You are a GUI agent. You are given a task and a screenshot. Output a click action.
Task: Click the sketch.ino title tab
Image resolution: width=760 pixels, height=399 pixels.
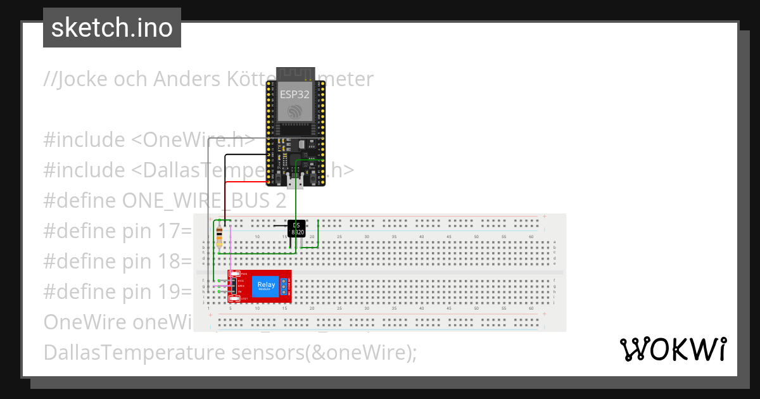[112, 28]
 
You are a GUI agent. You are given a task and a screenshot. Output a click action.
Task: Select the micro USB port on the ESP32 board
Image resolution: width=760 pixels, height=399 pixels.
[294, 183]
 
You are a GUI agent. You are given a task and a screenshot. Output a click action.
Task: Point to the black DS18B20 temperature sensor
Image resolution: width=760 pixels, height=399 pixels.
[297, 229]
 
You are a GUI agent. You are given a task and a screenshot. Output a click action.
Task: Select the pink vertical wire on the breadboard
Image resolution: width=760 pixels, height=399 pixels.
[231, 253]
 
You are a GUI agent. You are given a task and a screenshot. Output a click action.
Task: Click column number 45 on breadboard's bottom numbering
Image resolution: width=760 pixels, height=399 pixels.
[450, 308]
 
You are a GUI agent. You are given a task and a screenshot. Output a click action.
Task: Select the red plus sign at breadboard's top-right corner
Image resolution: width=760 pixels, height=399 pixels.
[545, 217]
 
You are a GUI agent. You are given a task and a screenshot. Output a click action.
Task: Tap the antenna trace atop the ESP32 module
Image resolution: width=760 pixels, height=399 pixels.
[294, 73]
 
